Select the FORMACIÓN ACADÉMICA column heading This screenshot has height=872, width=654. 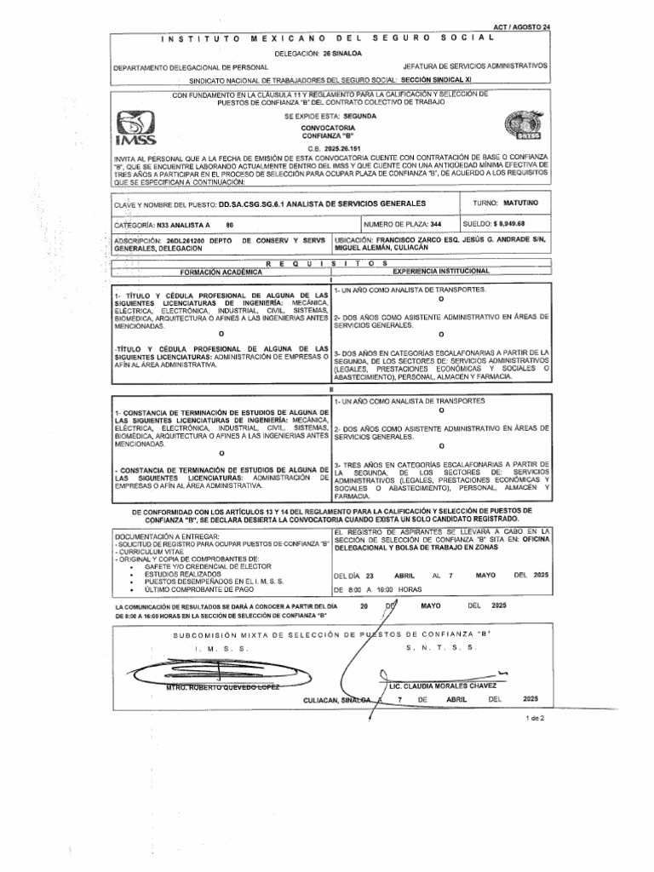(x=219, y=272)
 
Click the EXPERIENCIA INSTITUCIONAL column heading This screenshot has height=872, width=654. (x=440, y=271)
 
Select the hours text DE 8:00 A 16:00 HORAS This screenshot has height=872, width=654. (x=378, y=589)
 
